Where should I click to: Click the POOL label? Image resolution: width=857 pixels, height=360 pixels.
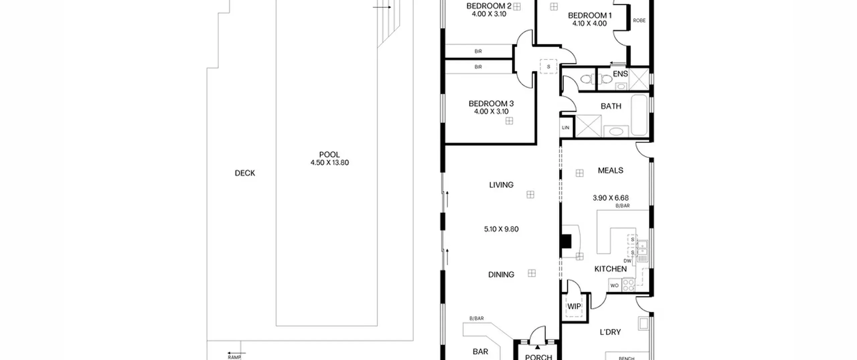(329, 155)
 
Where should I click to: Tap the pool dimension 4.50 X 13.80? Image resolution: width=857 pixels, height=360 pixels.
(329, 163)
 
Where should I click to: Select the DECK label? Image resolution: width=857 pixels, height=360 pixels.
(245, 173)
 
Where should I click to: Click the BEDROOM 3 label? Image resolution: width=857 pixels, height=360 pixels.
(491, 104)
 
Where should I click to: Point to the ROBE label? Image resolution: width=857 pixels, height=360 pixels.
(639, 20)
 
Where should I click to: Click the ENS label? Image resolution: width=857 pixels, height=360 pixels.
(620, 74)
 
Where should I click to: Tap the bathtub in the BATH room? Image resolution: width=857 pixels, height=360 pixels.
(640, 115)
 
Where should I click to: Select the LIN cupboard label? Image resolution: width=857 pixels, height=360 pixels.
(565, 128)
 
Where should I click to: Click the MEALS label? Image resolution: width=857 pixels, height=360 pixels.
(611, 170)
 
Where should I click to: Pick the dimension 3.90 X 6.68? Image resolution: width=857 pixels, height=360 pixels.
(611, 198)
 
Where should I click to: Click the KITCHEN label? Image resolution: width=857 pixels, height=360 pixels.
(611, 269)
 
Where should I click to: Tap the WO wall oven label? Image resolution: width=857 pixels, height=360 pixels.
(614, 286)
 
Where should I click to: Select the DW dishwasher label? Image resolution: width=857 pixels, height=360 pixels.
(627, 261)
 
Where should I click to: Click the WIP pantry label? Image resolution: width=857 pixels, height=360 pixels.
(574, 306)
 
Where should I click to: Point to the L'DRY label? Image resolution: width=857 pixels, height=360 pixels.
(610, 332)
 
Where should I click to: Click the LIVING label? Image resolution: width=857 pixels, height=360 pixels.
(501, 185)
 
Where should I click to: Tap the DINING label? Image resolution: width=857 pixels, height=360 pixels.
(501, 275)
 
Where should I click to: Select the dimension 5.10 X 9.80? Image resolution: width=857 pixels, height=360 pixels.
(501, 229)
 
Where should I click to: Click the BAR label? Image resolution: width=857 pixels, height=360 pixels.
(480, 352)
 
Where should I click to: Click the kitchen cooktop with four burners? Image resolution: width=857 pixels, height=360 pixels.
(628, 285)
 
